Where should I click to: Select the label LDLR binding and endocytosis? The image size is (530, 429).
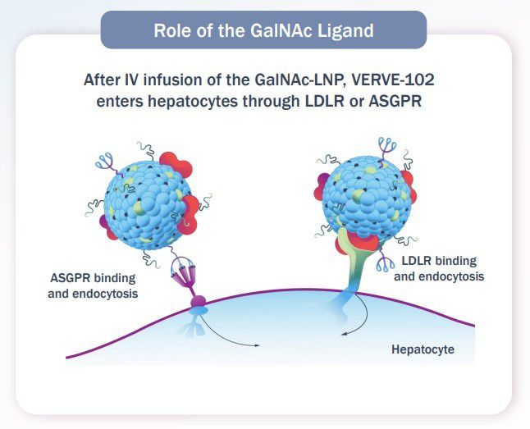click(439, 268)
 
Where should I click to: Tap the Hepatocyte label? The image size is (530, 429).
click(423, 349)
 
